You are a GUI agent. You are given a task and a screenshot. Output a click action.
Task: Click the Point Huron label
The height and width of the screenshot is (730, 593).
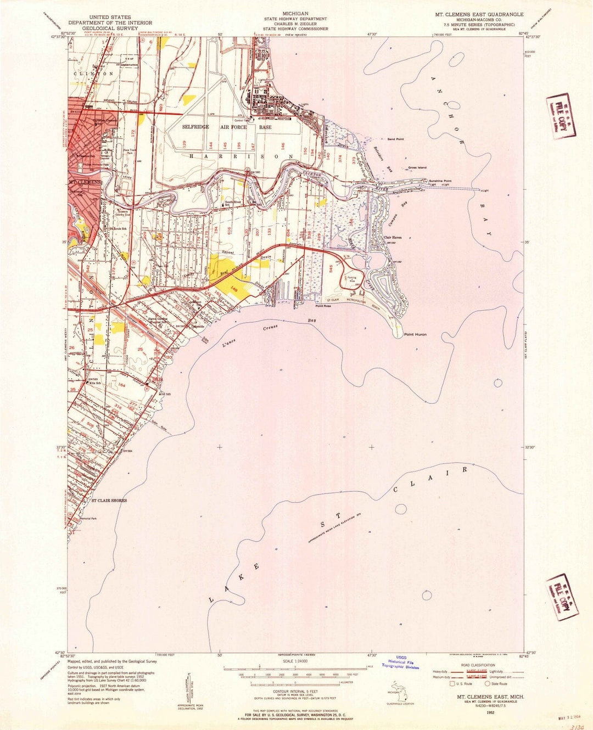pos(415,334)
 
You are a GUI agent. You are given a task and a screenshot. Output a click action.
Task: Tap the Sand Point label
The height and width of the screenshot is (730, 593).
pos(395,139)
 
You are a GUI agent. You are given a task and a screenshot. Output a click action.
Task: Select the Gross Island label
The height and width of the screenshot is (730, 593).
pos(417,168)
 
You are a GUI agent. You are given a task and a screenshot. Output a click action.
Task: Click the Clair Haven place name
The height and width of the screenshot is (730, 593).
pos(393,238)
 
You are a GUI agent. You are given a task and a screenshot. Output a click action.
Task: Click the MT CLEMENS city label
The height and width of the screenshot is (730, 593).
pos(85,182)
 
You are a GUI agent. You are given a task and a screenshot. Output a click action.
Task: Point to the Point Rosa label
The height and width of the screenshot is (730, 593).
pos(323,306)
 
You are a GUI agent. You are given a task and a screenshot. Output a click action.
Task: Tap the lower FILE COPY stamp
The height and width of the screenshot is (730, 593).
pos(561,597)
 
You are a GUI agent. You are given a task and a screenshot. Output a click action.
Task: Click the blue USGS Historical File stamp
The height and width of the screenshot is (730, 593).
pos(400,662)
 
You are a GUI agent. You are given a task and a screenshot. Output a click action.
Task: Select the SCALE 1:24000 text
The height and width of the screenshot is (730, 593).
pos(295,660)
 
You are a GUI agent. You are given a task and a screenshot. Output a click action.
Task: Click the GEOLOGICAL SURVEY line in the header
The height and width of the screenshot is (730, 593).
pos(101,29)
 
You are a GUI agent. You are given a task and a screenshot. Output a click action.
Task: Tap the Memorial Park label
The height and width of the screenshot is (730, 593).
pos(88,519)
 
